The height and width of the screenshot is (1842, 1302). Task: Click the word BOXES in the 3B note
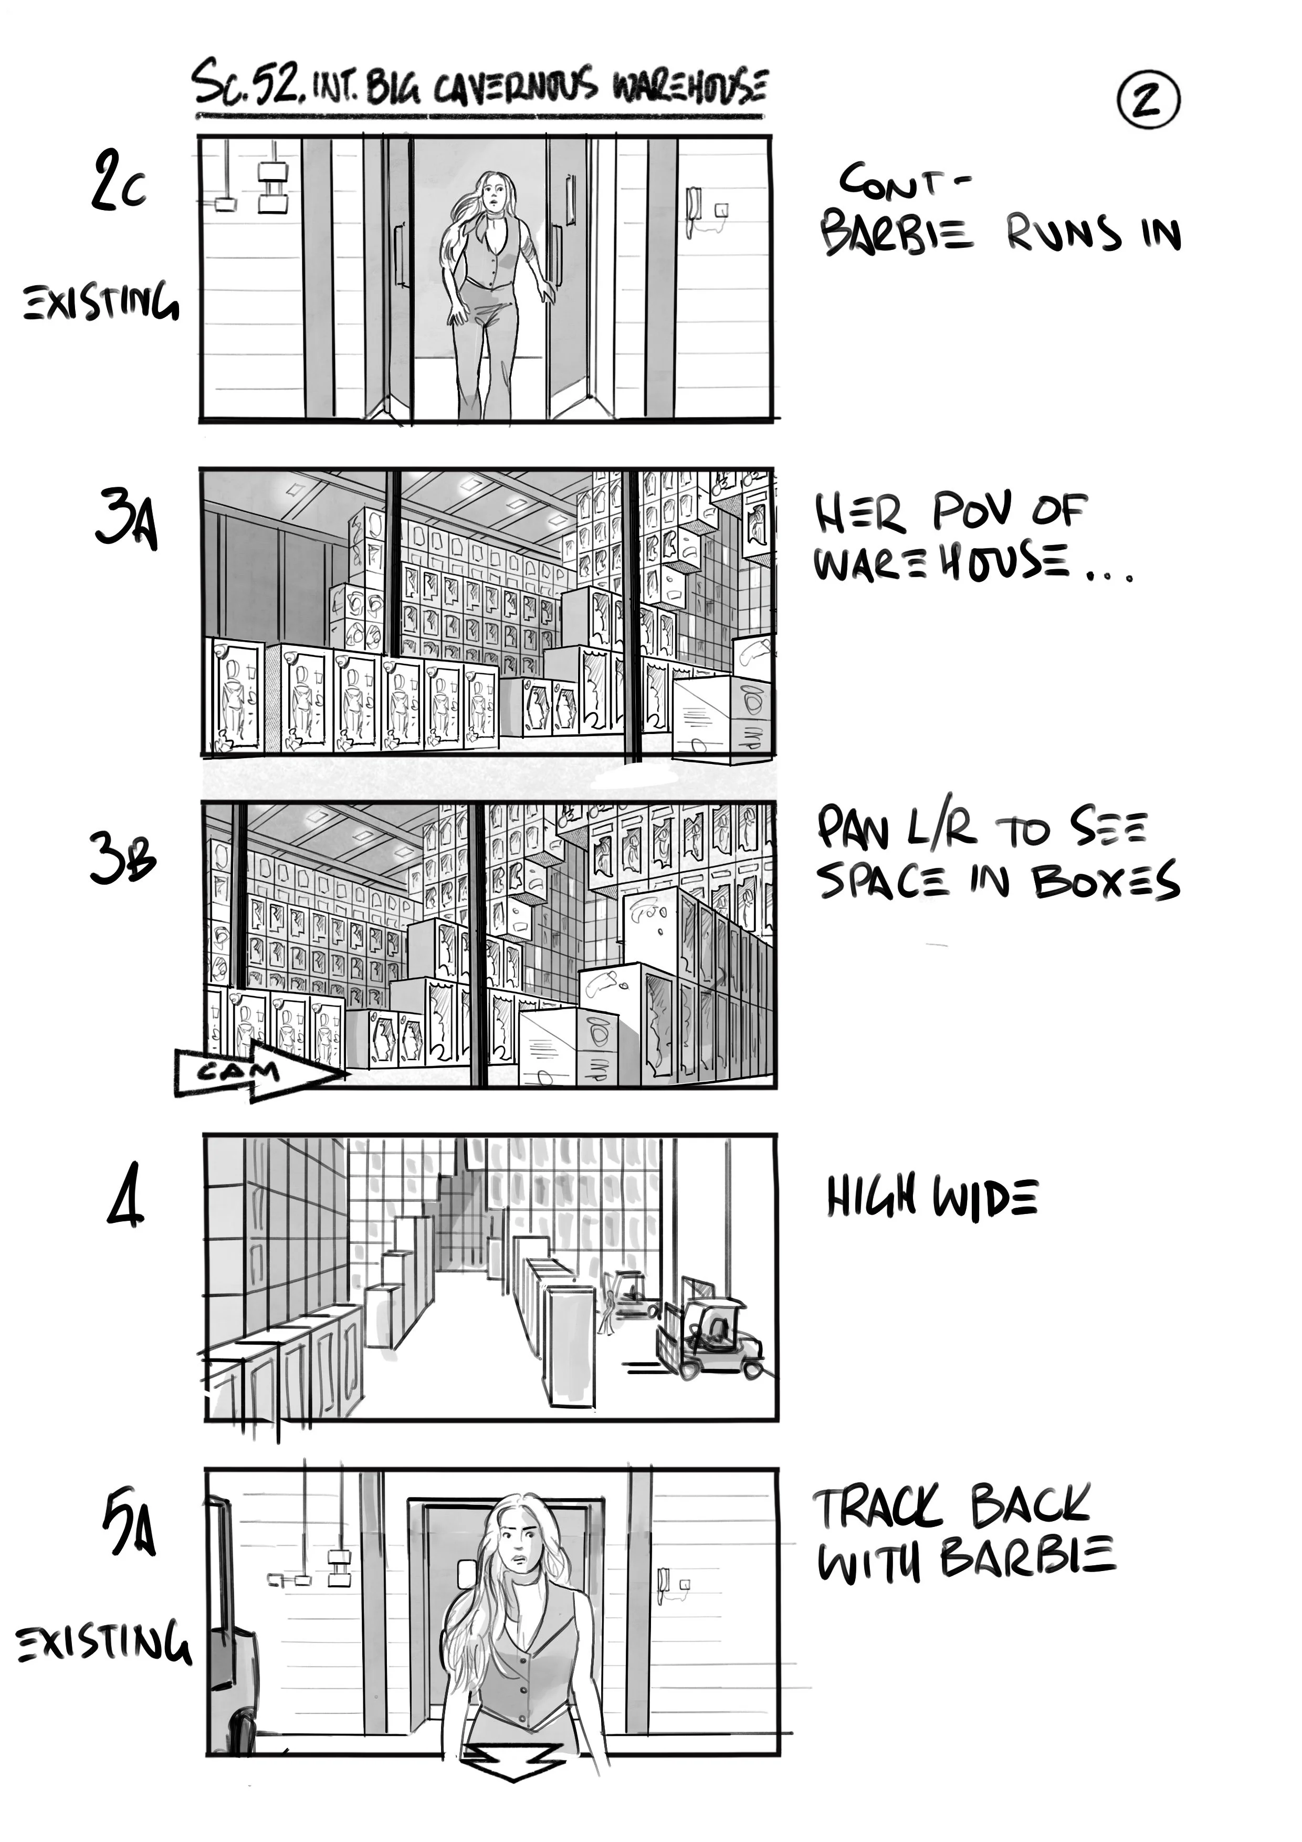pos(1106,881)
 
